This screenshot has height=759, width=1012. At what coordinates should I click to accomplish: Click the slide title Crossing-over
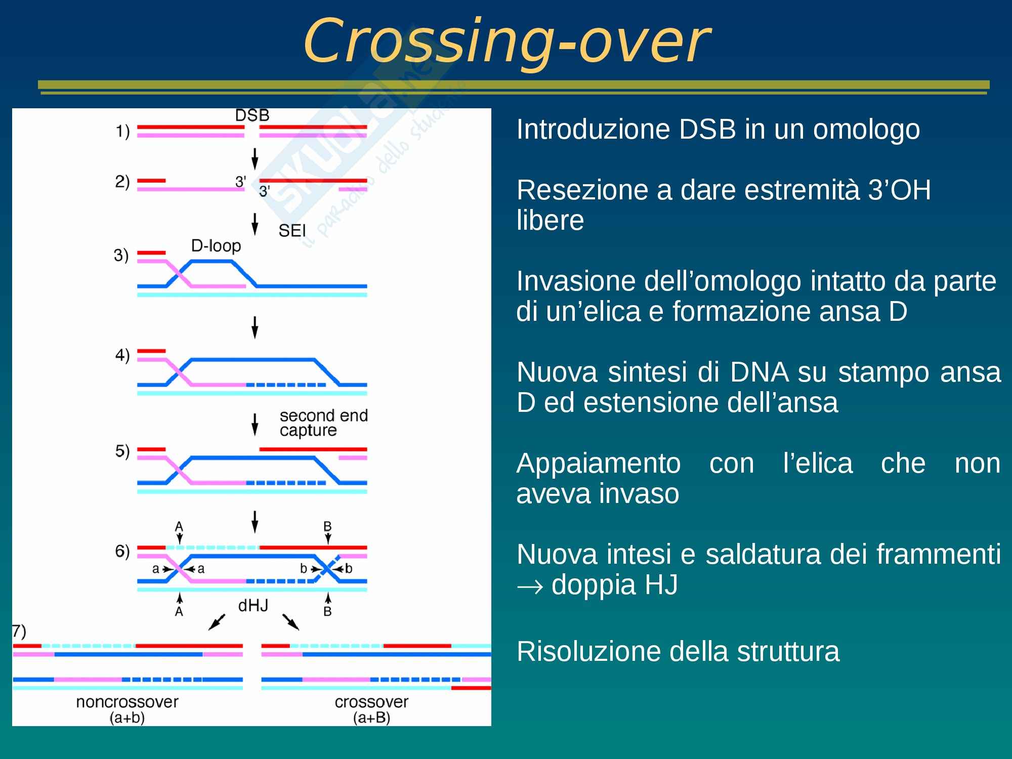[507, 40]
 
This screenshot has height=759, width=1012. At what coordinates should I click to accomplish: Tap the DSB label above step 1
[252, 115]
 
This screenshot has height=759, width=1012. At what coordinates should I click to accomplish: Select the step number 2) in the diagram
[122, 181]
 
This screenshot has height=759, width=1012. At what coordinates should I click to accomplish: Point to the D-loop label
[216, 246]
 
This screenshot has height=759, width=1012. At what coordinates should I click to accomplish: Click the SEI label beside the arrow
[292, 231]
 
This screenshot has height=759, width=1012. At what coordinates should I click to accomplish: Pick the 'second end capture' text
[323, 423]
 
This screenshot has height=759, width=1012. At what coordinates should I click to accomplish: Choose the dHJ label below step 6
[253, 605]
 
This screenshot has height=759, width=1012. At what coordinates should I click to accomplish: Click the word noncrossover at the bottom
[127, 702]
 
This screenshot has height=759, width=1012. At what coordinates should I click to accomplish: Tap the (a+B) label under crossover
[371, 718]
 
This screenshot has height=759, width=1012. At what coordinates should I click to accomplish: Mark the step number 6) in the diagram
[122, 551]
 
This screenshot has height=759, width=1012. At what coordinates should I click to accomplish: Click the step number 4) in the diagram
[122, 355]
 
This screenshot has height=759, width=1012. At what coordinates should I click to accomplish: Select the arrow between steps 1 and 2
[255, 159]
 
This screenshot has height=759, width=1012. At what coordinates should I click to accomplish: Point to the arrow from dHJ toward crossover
[291, 622]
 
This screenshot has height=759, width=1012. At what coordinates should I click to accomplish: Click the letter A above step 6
[179, 526]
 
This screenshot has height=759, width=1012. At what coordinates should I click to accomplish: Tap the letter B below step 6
[327, 611]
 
